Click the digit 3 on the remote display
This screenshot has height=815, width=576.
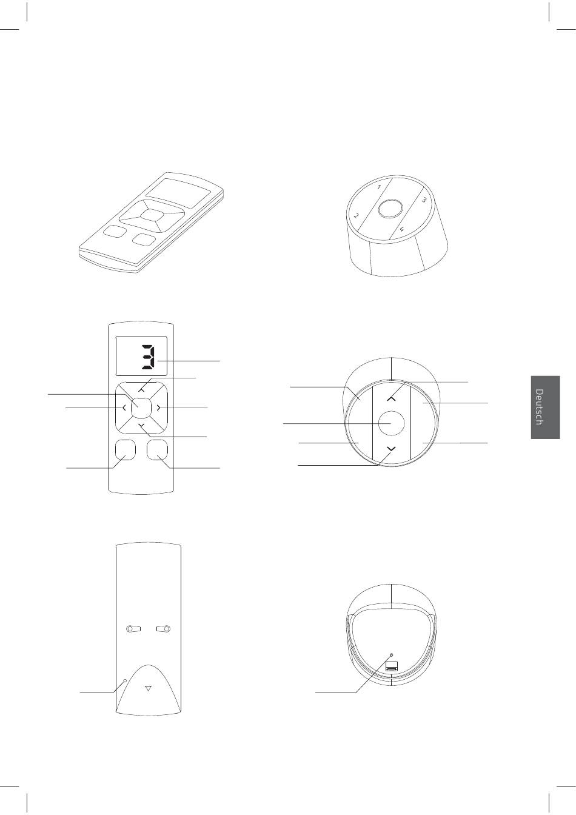click(x=148, y=357)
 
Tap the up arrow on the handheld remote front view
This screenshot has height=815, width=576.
click(x=141, y=390)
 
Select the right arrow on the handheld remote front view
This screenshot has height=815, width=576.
click(x=159, y=408)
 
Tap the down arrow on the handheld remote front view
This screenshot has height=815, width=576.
click(x=141, y=425)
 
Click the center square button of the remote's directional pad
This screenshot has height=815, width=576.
click(x=141, y=408)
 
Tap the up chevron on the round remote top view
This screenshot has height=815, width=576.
click(x=391, y=399)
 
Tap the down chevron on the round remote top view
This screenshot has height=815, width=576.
click(x=391, y=448)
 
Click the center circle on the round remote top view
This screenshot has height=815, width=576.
click(x=391, y=423)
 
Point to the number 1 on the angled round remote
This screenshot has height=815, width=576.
click(x=379, y=187)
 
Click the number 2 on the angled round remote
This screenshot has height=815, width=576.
click(x=357, y=215)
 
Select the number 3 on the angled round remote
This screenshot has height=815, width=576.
click(x=424, y=200)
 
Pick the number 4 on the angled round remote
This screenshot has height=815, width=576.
click(x=402, y=229)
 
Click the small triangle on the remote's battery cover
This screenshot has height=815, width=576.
click(x=148, y=688)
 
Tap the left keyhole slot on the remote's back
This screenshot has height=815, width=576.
click(x=133, y=628)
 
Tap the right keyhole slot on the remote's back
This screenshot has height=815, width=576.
click(x=164, y=628)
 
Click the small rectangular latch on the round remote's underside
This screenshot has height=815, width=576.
click(x=392, y=666)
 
